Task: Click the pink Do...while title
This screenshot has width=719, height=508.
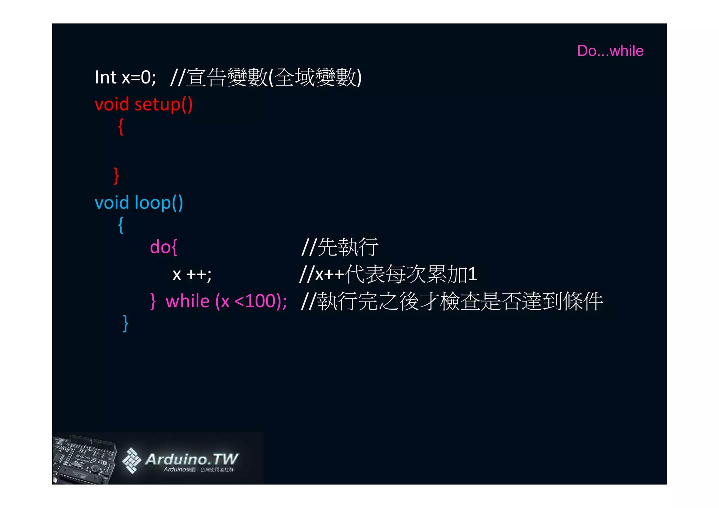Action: tap(610, 51)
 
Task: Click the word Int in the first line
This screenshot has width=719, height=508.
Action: tap(105, 77)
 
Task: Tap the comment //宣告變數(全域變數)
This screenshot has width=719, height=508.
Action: tap(266, 77)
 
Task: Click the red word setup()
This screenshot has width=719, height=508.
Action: tap(163, 105)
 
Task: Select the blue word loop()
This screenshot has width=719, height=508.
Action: tap(159, 203)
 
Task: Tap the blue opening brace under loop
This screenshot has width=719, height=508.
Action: tap(121, 225)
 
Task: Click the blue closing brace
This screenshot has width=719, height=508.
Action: tap(126, 323)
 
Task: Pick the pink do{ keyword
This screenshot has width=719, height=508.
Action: tap(164, 247)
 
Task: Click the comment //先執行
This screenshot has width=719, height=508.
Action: tap(340, 247)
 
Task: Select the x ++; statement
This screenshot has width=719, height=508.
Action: tap(192, 274)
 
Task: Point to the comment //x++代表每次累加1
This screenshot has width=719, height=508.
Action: tap(388, 274)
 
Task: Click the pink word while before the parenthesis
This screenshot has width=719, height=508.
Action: tap(187, 301)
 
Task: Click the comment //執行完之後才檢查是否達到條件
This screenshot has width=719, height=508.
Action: tap(452, 301)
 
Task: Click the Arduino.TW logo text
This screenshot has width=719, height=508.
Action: tap(192, 459)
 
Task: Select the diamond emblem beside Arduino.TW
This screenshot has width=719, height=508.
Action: tap(131, 460)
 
